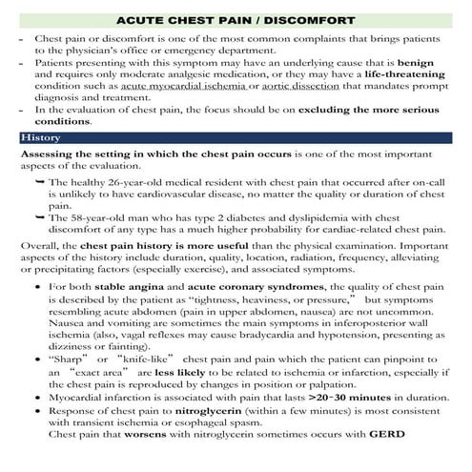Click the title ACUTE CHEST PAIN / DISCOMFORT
click(x=236, y=19)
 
